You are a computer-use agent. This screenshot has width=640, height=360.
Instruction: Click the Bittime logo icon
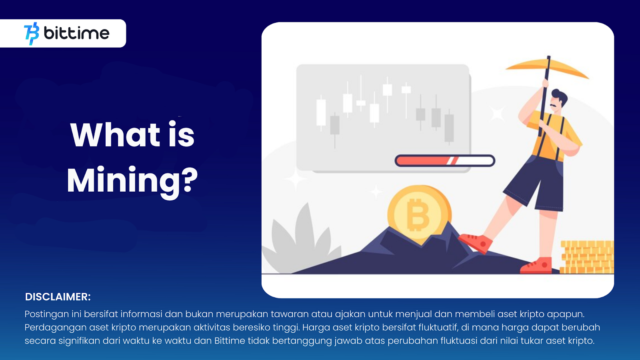[x=32, y=34]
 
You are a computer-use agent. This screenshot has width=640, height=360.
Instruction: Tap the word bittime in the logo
[x=76, y=33]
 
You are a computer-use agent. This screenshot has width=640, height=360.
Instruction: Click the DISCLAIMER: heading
[x=58, y=297]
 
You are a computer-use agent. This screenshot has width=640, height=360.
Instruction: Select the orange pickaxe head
[x=547, y=69]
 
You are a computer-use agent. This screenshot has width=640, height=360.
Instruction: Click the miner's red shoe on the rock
[x=476, y=242]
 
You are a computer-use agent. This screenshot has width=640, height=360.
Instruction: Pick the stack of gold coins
[x=587, y=257]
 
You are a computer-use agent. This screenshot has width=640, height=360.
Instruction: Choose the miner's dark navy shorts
[x=534, y=183]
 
